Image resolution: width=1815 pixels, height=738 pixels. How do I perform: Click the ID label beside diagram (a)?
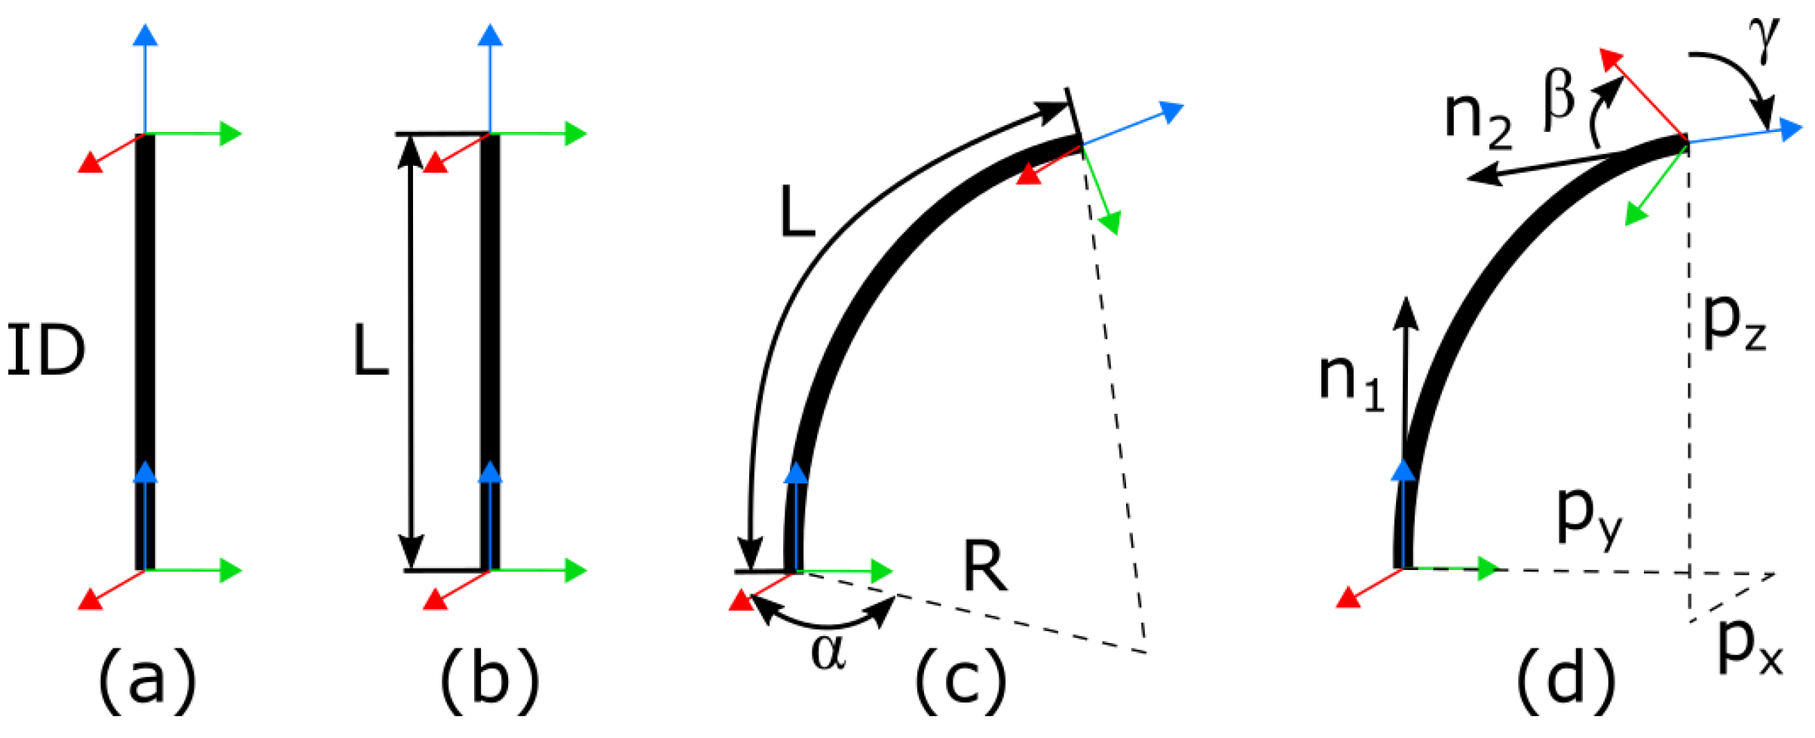click(x=46, y=351)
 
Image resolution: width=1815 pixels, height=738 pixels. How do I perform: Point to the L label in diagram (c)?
click(x=797, y=213)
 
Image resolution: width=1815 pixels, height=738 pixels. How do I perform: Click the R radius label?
click(x=984, y=568)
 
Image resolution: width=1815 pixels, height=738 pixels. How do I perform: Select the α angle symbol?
click(x=828, y=652)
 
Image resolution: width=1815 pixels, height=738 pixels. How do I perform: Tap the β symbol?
click(x=1559, y=101)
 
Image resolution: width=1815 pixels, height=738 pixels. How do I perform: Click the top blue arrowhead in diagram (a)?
click(x=145, y=34)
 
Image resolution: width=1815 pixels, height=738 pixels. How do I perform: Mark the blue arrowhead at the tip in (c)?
click(x=1172, y=111)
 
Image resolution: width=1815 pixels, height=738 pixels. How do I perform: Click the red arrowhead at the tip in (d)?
click(x=1611, y=60)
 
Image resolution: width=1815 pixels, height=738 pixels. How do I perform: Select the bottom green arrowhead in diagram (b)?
click(x=576, y=570)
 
